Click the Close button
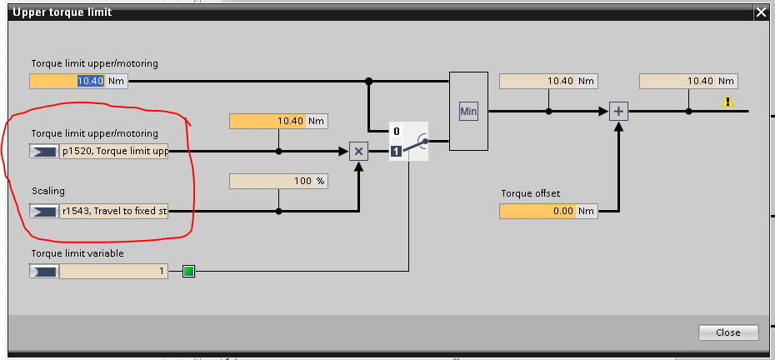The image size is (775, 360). tap(728, 332)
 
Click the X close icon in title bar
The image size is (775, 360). tap(760, 12)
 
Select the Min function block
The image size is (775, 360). tap(467, 111)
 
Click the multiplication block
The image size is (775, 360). tap(358, 151)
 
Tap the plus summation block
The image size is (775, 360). tap(618, 111)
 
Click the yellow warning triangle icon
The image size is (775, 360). tap(728, 101)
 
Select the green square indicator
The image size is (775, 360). tap(188, 271)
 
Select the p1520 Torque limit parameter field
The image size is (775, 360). tap(113, 152)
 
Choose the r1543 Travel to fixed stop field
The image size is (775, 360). tap(113, 212)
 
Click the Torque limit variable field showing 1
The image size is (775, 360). tap(113, 271)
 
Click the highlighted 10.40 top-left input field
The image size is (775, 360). tap(67, 81)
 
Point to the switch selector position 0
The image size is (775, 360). tap(397, 132)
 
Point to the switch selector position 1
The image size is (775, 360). tap(397, 151)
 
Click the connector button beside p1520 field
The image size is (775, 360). tap(43, 152)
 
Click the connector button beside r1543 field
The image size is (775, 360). tap(43, 212)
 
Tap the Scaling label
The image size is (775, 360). tap(48, 192)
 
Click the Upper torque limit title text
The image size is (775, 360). tap(62, 12)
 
